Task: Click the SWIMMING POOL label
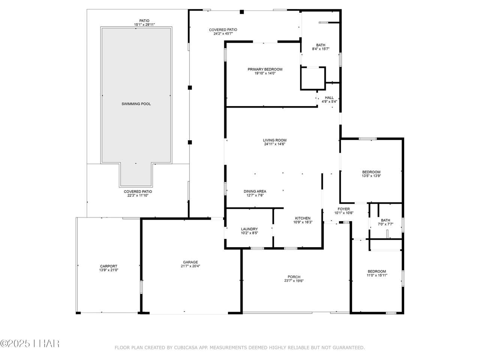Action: (136, 104)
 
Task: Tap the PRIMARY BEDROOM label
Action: (265, 69)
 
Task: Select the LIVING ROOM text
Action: (274, 140)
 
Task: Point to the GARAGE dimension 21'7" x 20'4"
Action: (190, 266)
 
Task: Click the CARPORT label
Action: (108, 266)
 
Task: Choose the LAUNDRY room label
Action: (249, 229)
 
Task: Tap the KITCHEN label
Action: (303, 218)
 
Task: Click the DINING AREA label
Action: (255, 191)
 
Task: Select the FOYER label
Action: (343, 209)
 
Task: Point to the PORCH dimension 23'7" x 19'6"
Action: (294, 280)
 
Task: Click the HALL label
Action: (329, 98)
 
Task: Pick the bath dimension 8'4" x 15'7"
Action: (321, 49)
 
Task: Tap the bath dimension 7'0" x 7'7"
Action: (385, 224)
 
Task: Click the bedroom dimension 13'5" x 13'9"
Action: (371, 175)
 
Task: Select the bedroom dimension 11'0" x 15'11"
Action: (377, 275)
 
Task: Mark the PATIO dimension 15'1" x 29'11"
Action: (144, 25)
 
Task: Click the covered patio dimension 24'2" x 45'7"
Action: (223, 34)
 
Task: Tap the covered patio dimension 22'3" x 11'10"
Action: (138, 195)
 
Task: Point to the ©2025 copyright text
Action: (15, 343)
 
